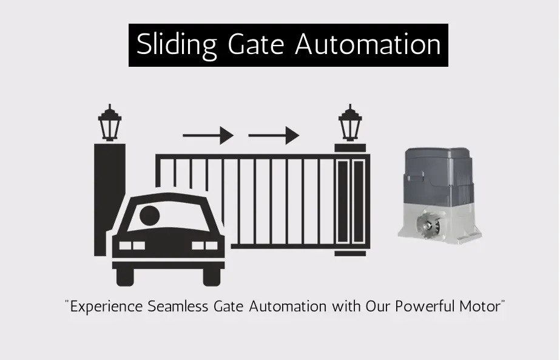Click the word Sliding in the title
coord(177,45)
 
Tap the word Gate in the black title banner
coord(255,44)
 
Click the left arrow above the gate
coord(208,135)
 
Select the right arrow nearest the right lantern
coord(274,135)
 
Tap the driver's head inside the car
coord(149,216)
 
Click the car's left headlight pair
coord(132,246)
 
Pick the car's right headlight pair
coord(204,246)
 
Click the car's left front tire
coord(125,277)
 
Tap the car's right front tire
coord(212,277)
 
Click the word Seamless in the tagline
coord(178,307)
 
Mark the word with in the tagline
coord(346,307)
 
